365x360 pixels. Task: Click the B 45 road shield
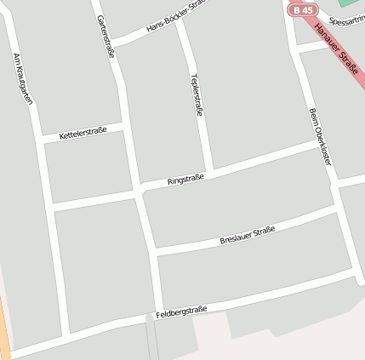(300, 9)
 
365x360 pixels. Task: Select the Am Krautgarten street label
(23, 78)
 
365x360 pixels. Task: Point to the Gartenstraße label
(106, 36)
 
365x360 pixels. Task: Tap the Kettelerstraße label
(83, 133)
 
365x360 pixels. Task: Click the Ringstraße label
(185, 180)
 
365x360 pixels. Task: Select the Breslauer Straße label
(247, 234)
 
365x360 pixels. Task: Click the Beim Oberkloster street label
(319, 135)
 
